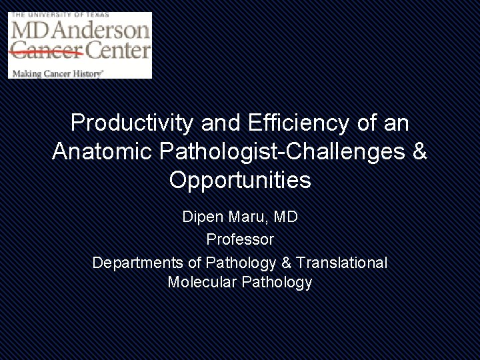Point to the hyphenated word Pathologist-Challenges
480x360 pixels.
coord(283,151)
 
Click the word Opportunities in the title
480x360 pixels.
coord(240,180)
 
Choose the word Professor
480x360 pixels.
coord(240,239)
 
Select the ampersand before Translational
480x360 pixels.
coord(286,263)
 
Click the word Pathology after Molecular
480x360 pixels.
coord(277,283)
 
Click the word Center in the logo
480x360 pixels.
coord(119,50)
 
